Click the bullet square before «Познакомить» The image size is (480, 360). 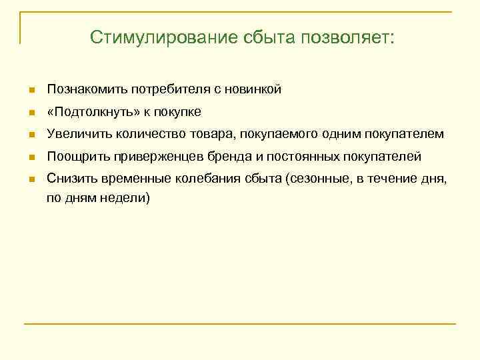coord(31,89)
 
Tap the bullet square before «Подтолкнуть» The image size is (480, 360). coord(31,112)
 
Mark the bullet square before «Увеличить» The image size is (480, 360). coord(31,135)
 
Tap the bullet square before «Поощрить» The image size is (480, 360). coord(31,157)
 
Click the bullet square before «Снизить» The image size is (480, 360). coord(31,180)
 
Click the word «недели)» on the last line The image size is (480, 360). coord(129,198)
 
